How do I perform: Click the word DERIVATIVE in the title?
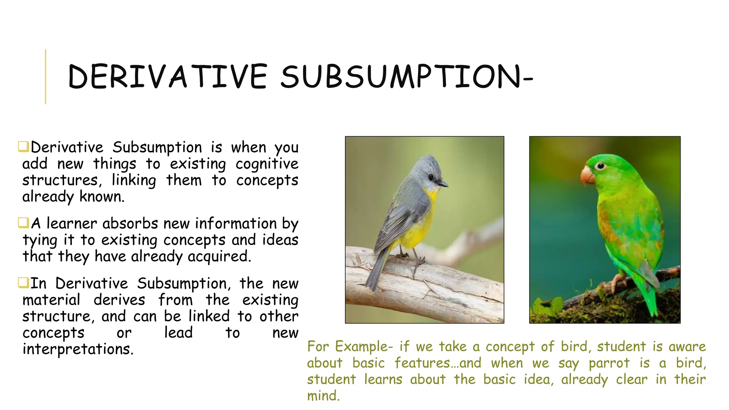167,77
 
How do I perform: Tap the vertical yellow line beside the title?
46,77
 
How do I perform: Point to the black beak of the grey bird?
442,184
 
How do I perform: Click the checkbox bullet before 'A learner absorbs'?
23,223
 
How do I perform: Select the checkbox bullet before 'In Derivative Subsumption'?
23,283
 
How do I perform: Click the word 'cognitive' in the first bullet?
267,164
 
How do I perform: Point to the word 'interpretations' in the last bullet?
78,349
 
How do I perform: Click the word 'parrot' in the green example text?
609,363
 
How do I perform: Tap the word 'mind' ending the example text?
322,396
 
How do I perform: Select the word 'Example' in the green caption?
363,347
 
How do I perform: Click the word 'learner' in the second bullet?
72,224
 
